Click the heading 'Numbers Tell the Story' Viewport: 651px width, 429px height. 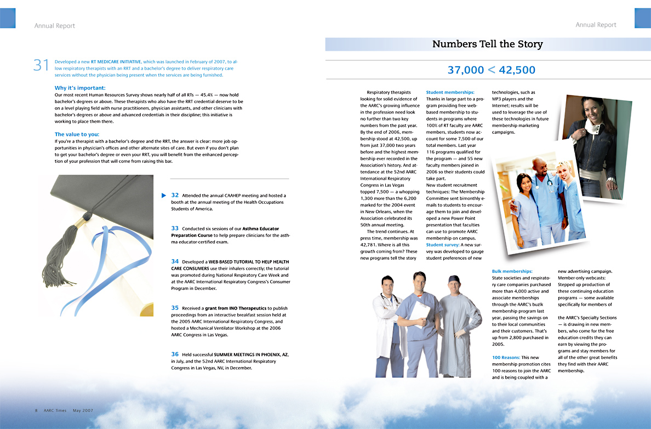(487, 44)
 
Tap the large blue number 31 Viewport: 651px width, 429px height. (42, 65)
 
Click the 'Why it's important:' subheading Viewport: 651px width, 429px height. (80, 88)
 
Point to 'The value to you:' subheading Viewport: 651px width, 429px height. (77, 134)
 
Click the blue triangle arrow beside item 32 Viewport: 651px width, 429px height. (163, 195)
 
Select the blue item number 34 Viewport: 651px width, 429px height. (175, 262)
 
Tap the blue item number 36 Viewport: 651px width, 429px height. (175, 354)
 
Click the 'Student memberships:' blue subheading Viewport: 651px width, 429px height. (450, 93)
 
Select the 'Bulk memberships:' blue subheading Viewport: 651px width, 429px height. (512, 271)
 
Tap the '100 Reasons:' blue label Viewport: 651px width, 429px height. (506, 358)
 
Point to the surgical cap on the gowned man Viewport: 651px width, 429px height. (454, 279)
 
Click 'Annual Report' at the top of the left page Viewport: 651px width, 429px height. (54, 26)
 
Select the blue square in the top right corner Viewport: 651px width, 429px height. (642, 18)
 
